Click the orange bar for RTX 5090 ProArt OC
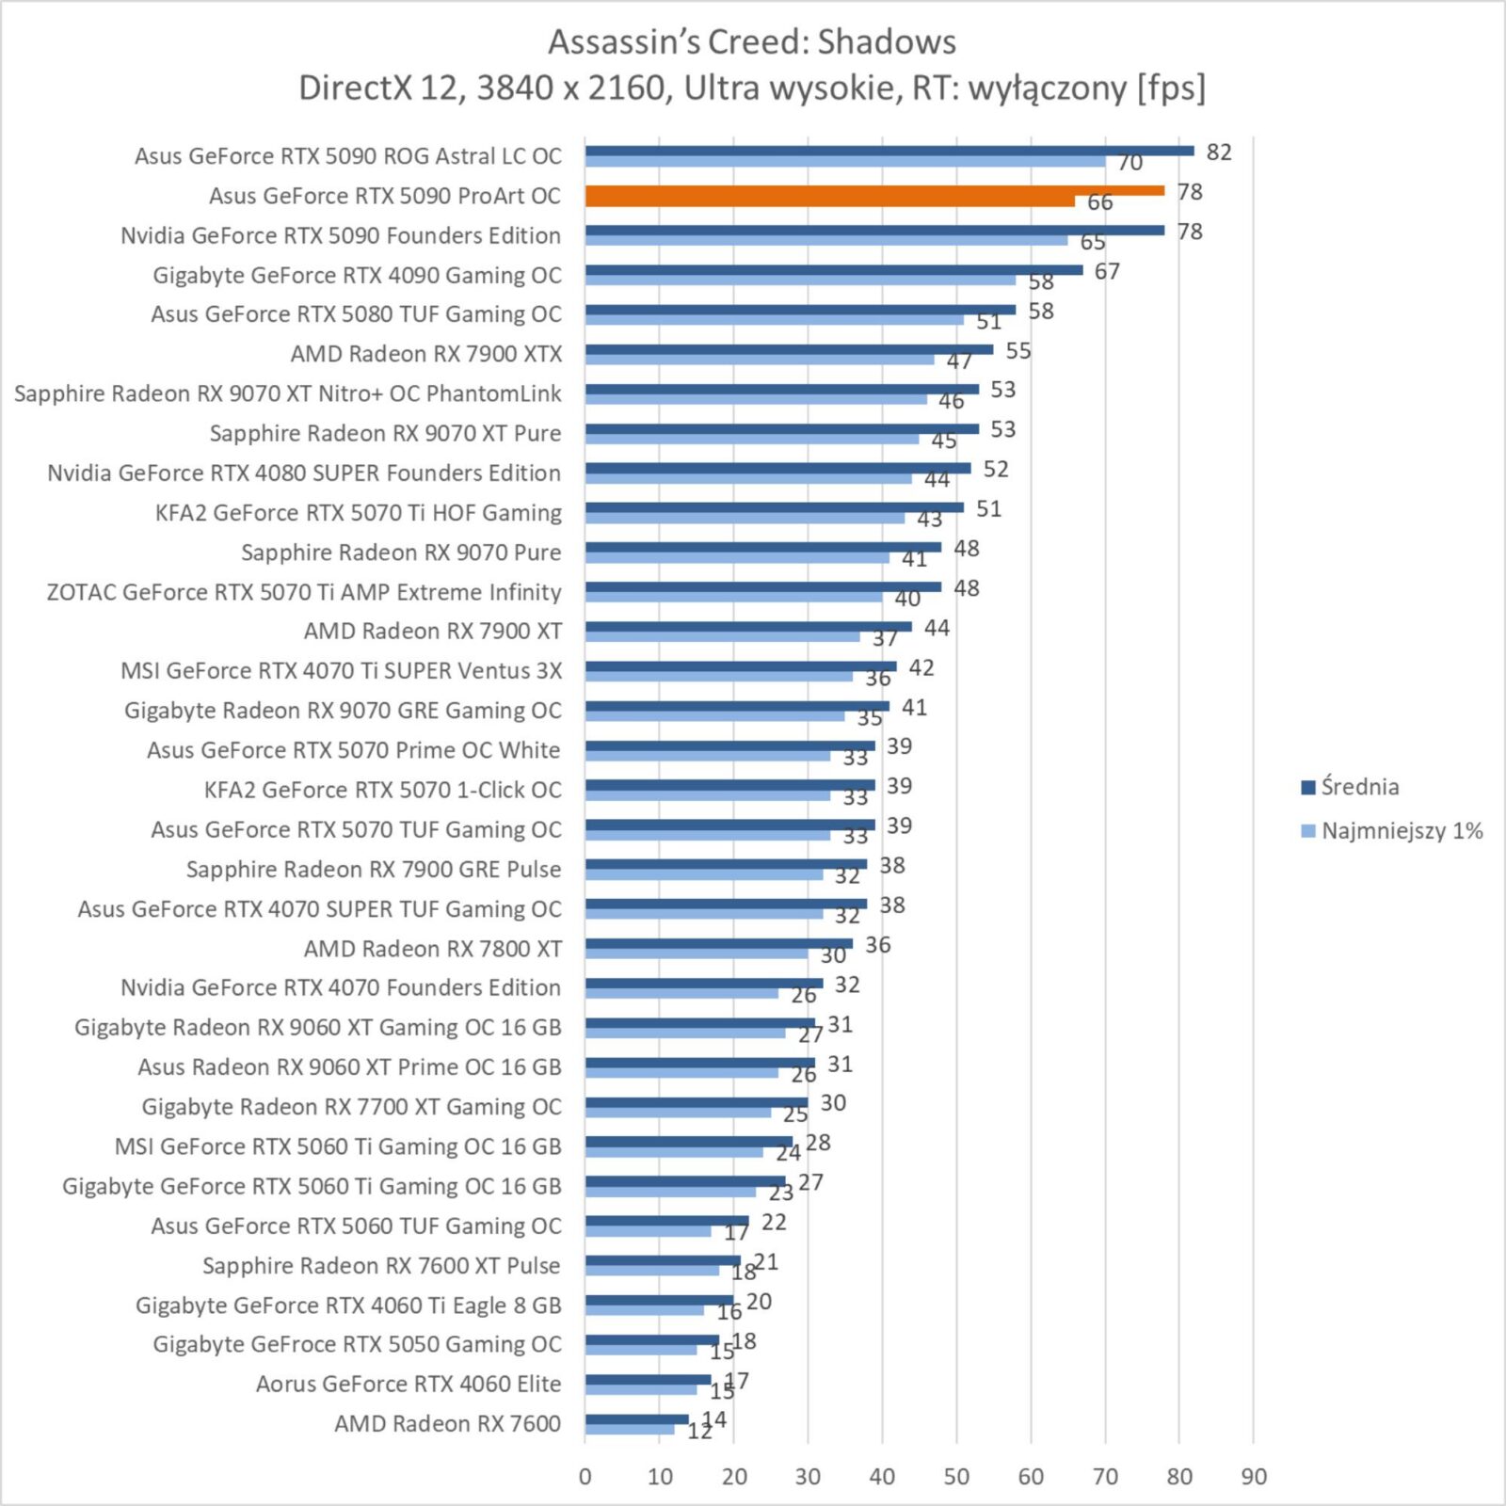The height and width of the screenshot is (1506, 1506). tap(874, 190)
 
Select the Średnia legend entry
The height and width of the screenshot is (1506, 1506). tap(1350, 787)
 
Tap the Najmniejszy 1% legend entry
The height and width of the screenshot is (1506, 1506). tap(1392, 831)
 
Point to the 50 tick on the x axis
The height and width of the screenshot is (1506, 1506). tap(956, 1476)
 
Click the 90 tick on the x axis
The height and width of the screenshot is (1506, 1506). tap(1254, 1476)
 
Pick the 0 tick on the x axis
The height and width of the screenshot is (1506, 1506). tap(585, 1476)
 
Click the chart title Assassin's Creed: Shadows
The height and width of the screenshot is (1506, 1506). tap(752, 42)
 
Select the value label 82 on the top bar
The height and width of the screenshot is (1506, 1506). tap(1219, 152)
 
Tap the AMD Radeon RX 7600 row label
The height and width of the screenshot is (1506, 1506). tap(448, 1423)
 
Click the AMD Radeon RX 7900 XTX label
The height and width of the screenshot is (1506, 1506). tap(426, 354)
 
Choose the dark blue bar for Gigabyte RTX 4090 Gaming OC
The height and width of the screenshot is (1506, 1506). tap(834, 270)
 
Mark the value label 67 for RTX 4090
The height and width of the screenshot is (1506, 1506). tap(1107, 271)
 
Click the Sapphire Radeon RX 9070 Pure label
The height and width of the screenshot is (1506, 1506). tap(401, 553)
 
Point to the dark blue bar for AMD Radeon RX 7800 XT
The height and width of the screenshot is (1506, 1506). tap(719, 944)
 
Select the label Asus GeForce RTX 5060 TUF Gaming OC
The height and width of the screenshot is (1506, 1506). tap(356, 1226)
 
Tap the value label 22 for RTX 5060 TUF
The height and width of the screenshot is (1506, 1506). tap(774, 1222)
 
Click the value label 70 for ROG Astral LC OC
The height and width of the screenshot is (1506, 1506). tap(1129, 163)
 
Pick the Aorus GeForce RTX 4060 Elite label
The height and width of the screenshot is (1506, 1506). tap(409, 1384)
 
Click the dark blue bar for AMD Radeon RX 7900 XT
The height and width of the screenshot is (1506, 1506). tap(748, 627)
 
